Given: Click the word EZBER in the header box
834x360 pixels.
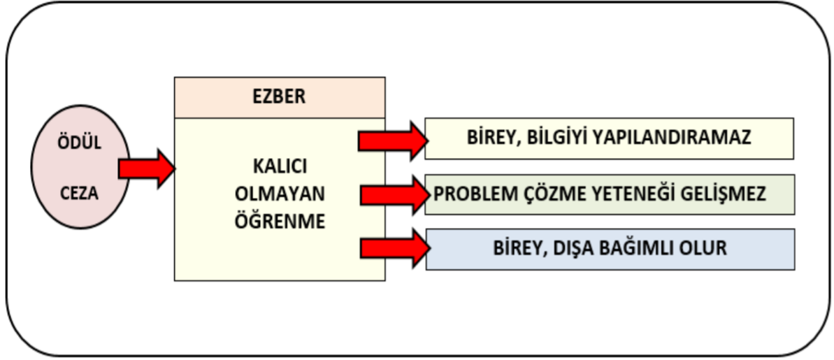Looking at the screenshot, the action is coord(279,97).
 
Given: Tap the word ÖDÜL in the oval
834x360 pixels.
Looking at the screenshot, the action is coord(79,143).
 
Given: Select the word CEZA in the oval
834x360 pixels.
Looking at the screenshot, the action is coord(79,194).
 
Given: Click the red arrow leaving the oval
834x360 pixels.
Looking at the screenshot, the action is coord(147,168).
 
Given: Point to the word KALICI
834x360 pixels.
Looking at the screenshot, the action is coord(280,167).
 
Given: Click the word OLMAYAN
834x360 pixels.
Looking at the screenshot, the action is coord(280,194).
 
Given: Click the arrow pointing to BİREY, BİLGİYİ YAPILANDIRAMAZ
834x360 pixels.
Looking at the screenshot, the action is coord(393,141).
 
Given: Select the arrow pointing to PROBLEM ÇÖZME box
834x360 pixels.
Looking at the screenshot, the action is coord(395,195).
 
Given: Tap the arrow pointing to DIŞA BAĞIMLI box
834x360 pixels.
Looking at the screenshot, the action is coord(395,248).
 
